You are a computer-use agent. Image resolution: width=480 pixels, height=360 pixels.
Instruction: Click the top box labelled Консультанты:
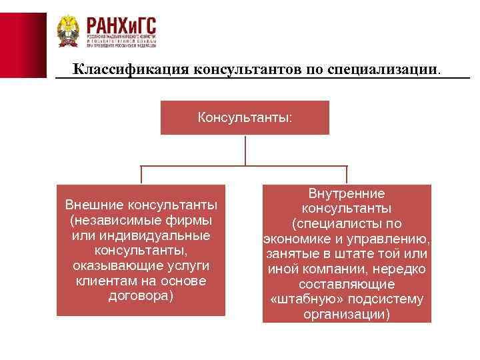coord(245,118)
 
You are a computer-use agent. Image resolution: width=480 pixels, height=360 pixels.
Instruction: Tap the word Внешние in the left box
coord(94,204)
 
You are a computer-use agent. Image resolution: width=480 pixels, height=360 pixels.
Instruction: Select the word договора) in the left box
coord(141,296)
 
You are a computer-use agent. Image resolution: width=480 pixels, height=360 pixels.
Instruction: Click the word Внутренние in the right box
coord(347,193)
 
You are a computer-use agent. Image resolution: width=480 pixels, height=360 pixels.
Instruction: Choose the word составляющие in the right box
coord(347,284)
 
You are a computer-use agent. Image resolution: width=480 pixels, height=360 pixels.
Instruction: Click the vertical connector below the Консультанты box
coord(245,151)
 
